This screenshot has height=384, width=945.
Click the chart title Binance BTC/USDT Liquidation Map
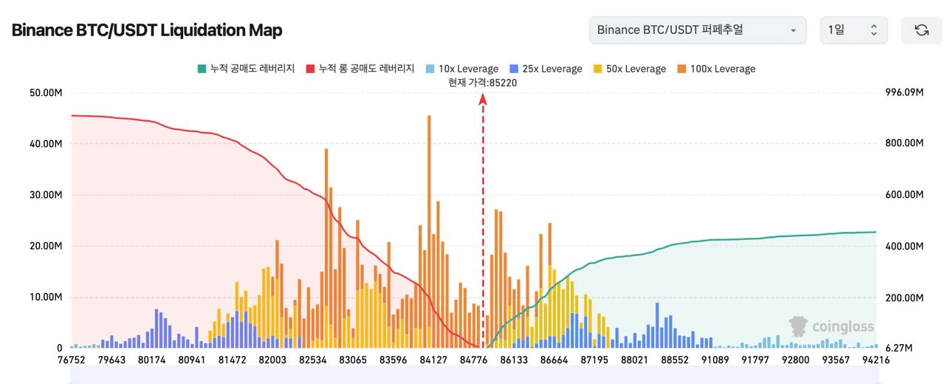click(147, 30)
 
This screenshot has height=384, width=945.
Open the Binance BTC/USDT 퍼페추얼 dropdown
click(697, 30)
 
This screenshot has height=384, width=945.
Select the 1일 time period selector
click(853, 30)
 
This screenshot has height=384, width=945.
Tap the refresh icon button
click(921, 30)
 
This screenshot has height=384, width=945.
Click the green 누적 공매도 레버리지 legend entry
click(245, 69)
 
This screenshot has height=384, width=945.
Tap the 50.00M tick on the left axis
click(46, 92)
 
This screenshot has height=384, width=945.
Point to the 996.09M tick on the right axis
click(904, 92)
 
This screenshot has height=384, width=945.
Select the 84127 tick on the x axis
click(433, 360)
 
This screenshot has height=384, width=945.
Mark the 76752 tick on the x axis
click(72, 360)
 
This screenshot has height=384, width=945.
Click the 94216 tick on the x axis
click(876, 360)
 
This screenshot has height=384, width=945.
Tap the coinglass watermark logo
click(831, 326)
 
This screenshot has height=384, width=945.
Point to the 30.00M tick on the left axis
click(46, 195)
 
